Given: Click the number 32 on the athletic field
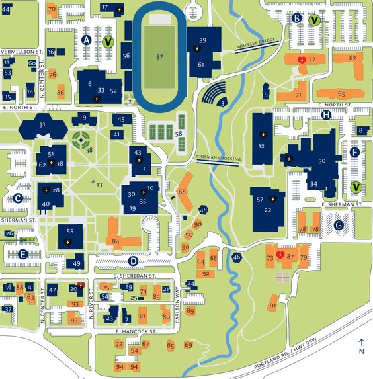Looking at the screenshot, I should click(x=159, y=57).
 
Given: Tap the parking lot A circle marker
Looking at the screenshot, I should click(x=85, y=40).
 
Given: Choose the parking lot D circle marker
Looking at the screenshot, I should click(x=133, y=261).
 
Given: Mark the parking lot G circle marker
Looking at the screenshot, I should click(x=339, y=225).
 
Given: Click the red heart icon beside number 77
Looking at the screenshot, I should click(x=302, y=60).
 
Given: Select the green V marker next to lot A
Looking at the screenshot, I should click(x=108, y=42).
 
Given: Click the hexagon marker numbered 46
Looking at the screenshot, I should click(x=237, y=257).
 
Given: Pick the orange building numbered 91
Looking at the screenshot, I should click(x=272, y=305).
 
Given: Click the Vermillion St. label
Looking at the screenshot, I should click(x=21, y=51).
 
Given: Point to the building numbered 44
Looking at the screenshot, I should click(x=6, y=10).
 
